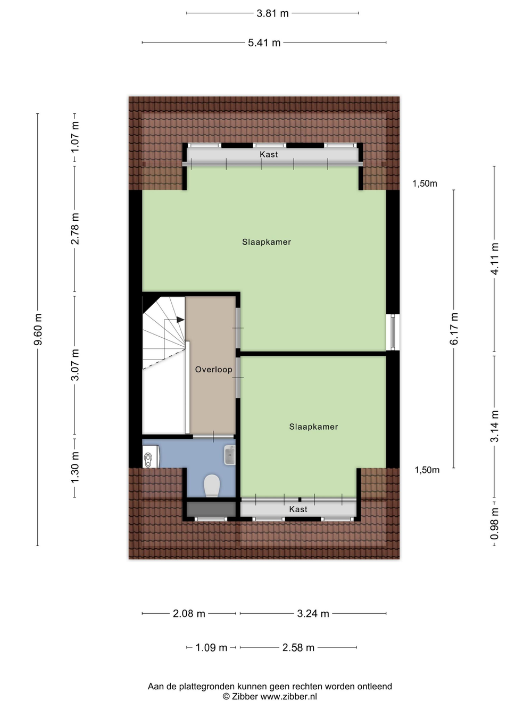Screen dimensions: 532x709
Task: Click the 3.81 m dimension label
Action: point(272,14)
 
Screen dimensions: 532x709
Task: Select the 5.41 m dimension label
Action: point(264,43)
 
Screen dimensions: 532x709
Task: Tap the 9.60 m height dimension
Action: point(38,329)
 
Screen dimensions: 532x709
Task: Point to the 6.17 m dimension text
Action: point(454,329)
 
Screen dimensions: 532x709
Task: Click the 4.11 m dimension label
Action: point(494,258)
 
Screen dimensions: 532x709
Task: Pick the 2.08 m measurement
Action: point(189,613)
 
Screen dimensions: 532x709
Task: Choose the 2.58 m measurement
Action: point(298,648)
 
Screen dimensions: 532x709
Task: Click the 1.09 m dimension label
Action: point(211,648)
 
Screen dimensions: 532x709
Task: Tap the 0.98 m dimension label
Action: point(494,523)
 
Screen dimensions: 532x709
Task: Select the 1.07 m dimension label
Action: point(75,137)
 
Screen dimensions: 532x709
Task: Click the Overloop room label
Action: point(213,370)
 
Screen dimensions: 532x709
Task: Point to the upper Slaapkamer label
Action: point(267,242)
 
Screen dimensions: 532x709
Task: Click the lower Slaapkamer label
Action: point(313,427)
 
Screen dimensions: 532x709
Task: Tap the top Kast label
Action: point(269,154)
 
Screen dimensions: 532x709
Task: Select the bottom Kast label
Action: point(298,510)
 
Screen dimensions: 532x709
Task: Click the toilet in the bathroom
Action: point(212,485)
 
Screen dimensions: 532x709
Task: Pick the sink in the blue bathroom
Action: point(230,455)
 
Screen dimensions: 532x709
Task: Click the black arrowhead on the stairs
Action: point(180,320)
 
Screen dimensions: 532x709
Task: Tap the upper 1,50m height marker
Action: point(425,183)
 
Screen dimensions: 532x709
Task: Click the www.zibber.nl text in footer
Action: point(288,696)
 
